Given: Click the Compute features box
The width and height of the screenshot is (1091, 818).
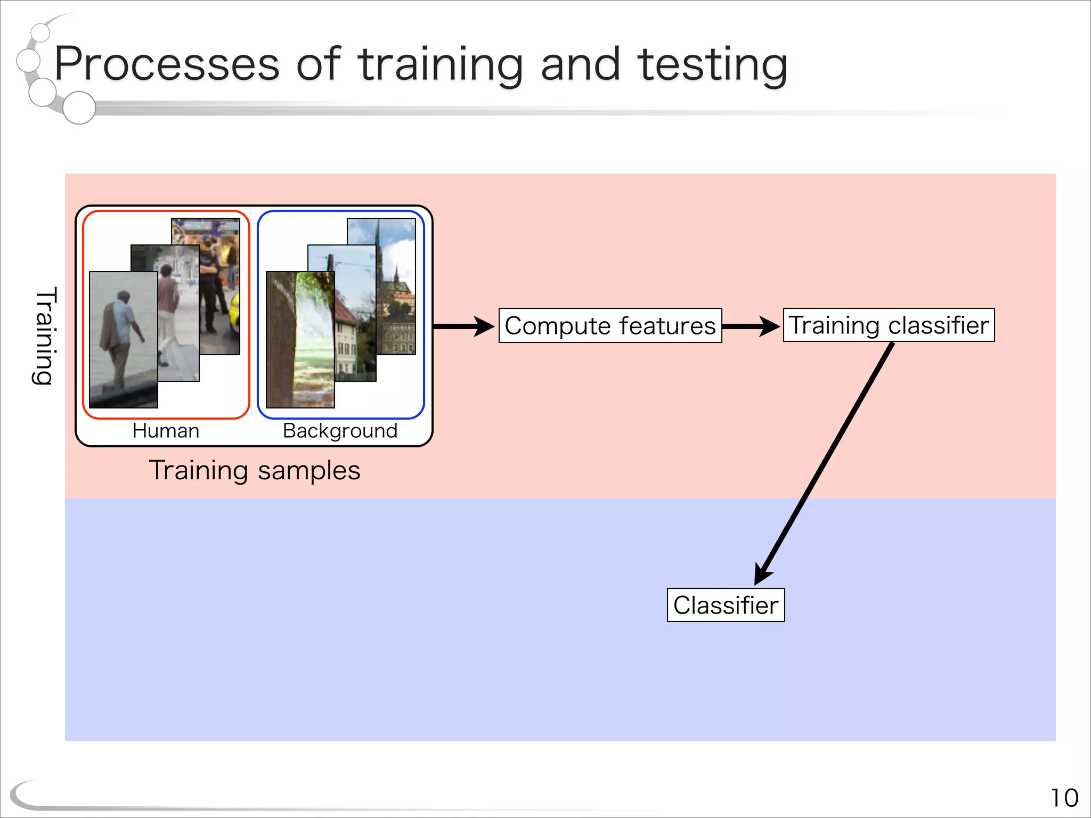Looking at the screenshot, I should coord(610,325).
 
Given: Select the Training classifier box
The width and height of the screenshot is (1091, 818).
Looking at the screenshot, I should coord(889,325).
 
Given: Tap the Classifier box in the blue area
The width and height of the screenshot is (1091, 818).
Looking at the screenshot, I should coord(726,605).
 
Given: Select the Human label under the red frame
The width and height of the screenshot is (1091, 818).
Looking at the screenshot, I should coord(166,430).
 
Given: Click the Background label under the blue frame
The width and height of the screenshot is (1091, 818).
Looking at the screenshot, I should coord(340,430).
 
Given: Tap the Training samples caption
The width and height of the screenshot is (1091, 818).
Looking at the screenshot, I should coord(255,470).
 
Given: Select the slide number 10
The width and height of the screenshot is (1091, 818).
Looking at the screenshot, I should coord(1064,798).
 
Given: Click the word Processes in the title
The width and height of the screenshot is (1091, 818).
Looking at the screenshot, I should coord(167,64).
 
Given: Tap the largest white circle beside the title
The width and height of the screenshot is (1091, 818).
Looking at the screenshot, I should coord(79,108).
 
